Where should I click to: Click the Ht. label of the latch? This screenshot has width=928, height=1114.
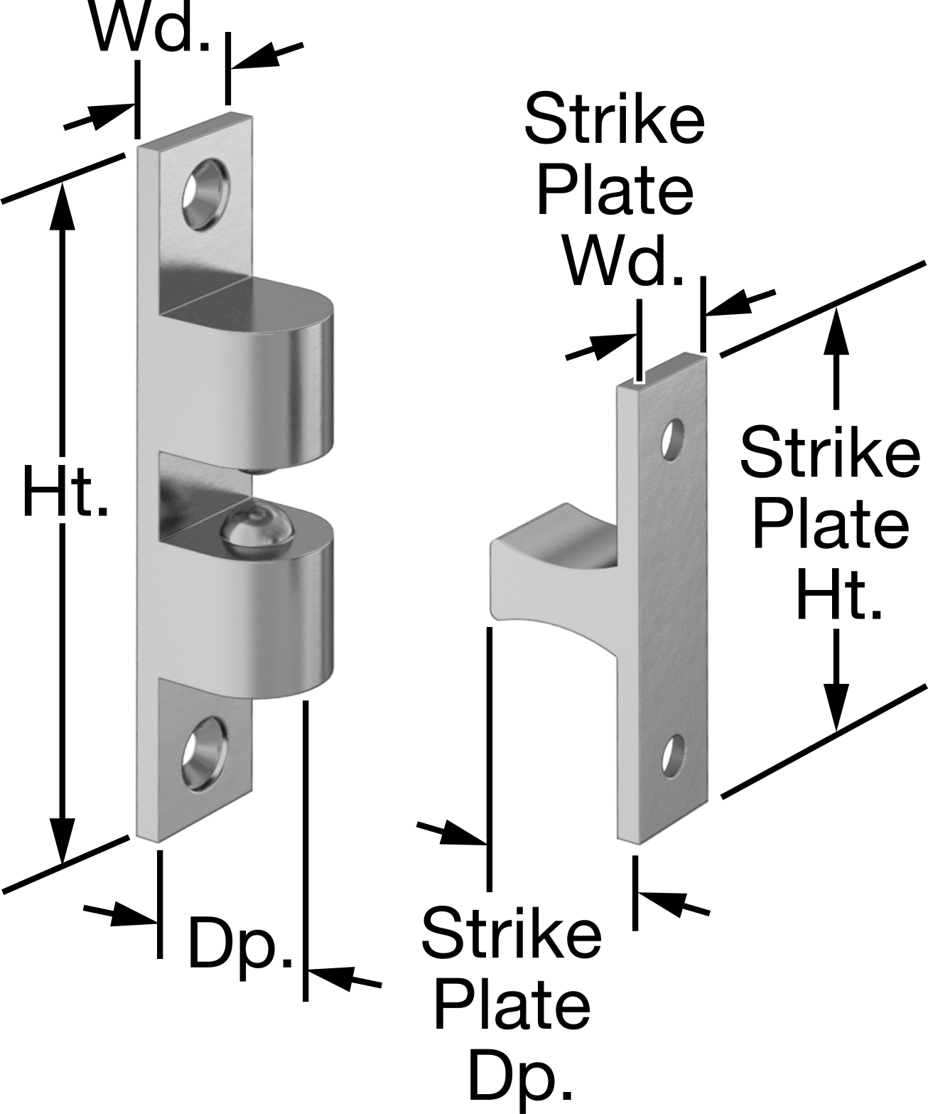coord(66,491)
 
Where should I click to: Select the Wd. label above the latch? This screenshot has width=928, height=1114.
coord(151,27)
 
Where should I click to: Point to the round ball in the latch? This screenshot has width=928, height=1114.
coord(258,527)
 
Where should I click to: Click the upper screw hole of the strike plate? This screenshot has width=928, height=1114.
coord(673,440)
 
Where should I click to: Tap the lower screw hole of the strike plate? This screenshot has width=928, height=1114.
coord(672,756)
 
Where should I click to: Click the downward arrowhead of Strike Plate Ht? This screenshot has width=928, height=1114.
coord(835,705)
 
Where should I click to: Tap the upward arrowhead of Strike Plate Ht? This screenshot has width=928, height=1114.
coord(835,333)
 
